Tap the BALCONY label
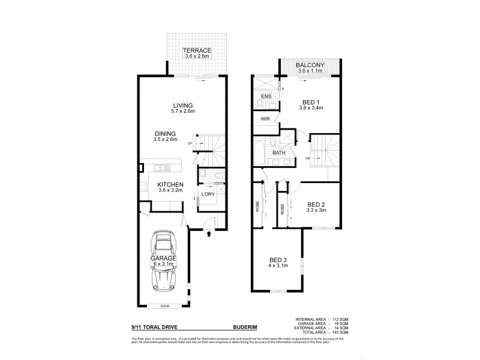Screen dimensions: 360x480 [x=310, y=65]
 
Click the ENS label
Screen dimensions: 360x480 [x=265, y=96]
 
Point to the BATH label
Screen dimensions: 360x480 [x=279, y=153]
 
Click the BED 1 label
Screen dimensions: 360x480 [x=310, y=103]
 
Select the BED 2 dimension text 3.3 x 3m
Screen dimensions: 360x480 [x=315, y=211]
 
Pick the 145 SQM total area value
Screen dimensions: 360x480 [x=343, y=332]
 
